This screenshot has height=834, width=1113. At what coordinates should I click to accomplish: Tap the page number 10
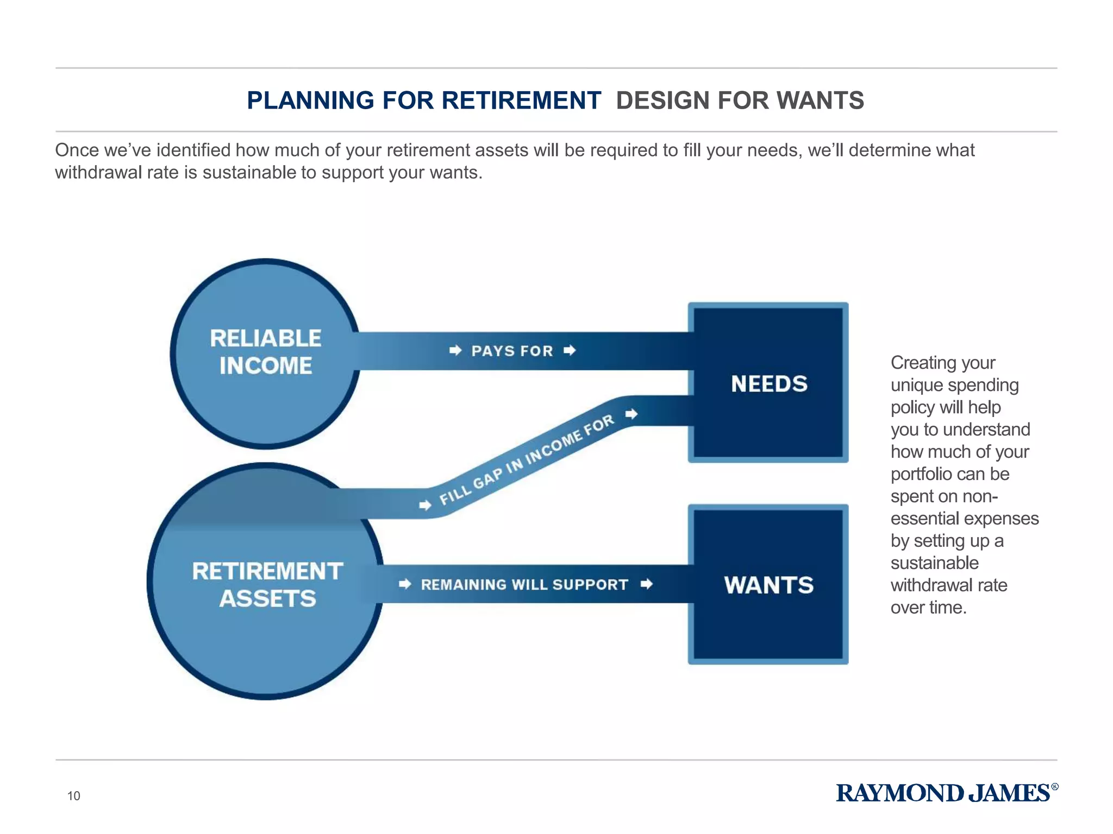pos(73,796)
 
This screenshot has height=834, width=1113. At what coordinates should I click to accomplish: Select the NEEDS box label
pos(769,384)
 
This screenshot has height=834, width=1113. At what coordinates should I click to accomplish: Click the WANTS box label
pos(769,585)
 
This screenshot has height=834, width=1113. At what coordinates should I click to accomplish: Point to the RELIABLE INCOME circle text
pos(266,352)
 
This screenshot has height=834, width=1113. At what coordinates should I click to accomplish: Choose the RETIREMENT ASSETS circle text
pos(267,585)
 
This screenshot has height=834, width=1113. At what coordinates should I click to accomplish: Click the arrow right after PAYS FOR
pos(570,350)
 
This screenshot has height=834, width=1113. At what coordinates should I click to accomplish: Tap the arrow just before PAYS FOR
pos(455,350)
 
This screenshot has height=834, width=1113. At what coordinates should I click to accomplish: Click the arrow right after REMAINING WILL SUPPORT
pos(647,584)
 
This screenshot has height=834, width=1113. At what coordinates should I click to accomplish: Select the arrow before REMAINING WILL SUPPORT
pos(405,584)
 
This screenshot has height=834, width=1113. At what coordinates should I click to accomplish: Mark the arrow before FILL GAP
pos(426,506)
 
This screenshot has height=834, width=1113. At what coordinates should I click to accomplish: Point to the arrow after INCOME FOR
pos(631,414)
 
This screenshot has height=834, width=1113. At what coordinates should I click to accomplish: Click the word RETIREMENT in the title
pos(521,100)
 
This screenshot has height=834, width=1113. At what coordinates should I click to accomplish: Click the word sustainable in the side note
pos(934,563)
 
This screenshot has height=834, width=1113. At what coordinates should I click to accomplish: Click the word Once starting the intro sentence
pos(77,150)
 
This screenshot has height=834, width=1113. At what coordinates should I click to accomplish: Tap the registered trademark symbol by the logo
pos(1055,786)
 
